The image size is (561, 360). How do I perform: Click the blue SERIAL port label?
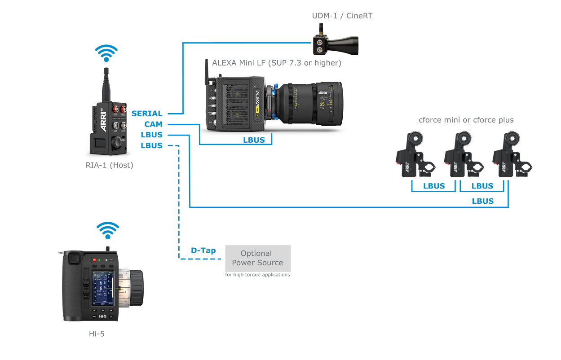coord(147,114)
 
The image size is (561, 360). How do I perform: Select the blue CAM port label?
coord(153,124)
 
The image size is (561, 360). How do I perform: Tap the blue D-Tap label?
coord(203,250)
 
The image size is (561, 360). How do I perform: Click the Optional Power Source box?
coord(258,258)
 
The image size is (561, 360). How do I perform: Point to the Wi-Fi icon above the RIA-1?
coord(106,53)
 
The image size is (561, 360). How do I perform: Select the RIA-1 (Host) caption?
coord(110,165)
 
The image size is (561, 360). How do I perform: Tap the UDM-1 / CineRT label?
coord(343,16)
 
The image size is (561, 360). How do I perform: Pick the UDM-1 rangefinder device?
coord(335,43)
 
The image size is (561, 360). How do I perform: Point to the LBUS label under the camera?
coord(254,140)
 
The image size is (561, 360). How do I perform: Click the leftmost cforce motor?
coord(414,154)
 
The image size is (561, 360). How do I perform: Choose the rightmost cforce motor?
coord(511,154)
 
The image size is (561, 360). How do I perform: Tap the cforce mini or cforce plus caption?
coord(466,120)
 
